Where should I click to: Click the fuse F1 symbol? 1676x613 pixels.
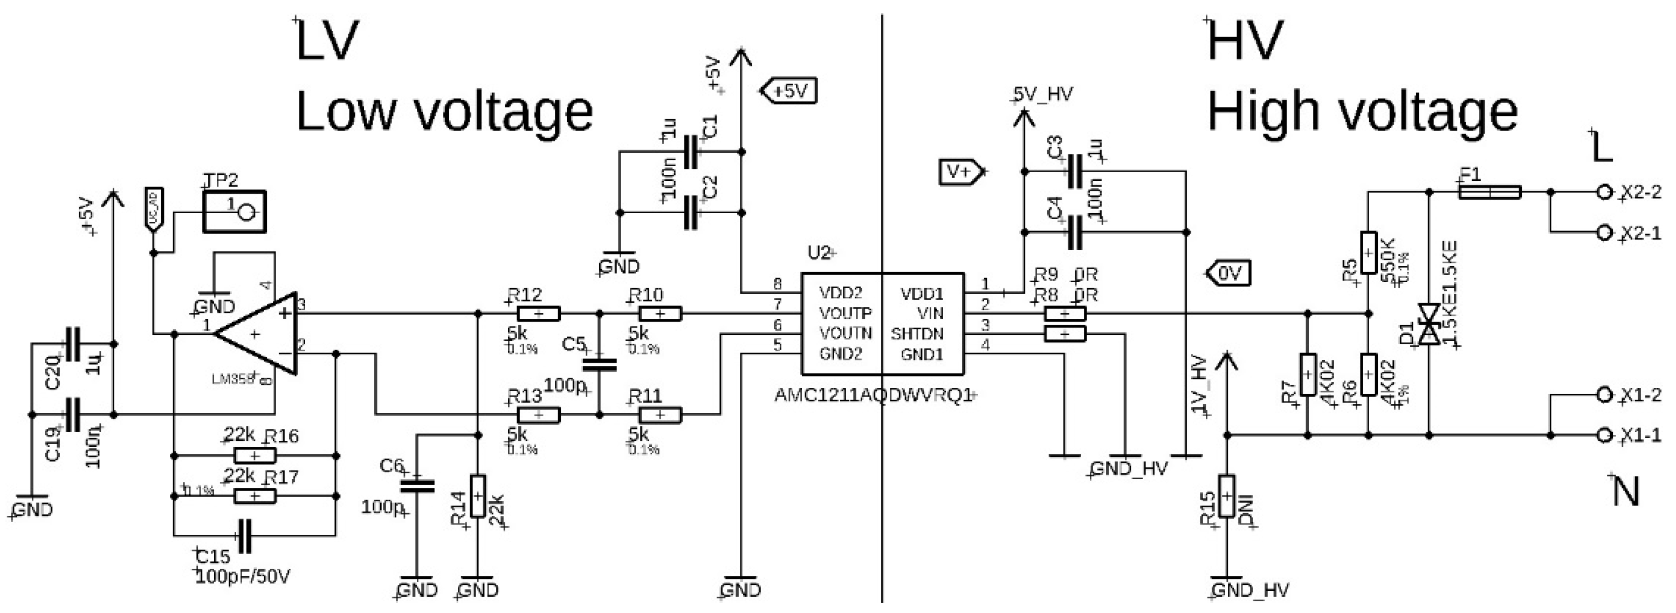pyautogui.click(x=1489, y=192)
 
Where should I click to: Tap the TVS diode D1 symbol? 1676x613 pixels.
pyautogui.click(x=1430, y=324)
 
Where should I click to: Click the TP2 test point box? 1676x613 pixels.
pyautogui.click(x=234, y=212)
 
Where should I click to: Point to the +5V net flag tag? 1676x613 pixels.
pyautogui.click(x=788, y=91)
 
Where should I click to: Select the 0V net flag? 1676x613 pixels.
pyautogui.click(x=1229, y=273)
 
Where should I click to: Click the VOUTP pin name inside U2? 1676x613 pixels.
pyautogui.click(x=845, y=314)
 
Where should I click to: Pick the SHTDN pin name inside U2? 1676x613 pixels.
pyautogui.click(x=917, y=335)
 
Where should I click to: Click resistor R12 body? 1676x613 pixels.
pyautogui.click(x=538, y=314)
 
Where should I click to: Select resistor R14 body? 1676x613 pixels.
pyautogui.click(x=478, y=496)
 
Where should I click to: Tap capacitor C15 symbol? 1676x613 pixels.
pyautogui.click(x=245, y=536)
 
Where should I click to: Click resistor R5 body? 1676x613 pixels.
pyautogui.click(x=1368, y=254)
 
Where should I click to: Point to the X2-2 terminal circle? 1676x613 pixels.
pyautogui.click(x=1605, y=192)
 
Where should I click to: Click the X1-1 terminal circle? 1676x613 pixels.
pyautogui.click(x=1605, y=435)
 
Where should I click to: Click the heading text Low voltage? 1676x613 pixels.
pyautogui.click(x=444, y=112)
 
